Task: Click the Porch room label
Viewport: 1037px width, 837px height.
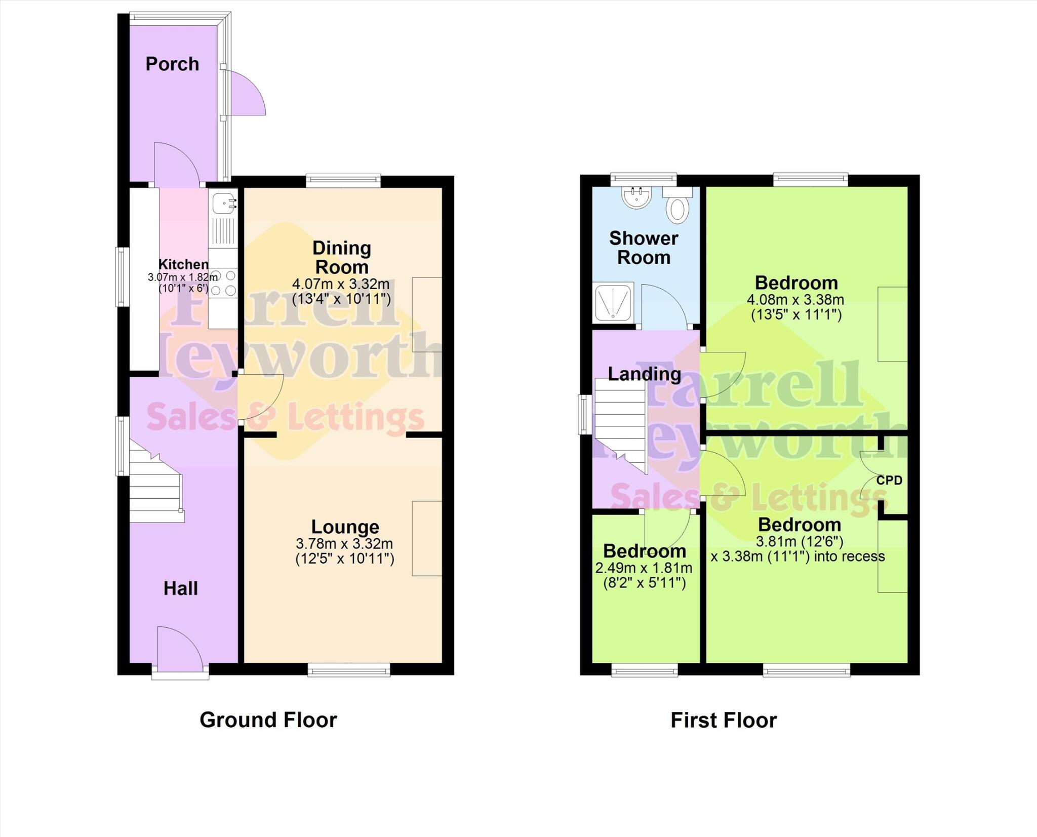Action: [x=172, y=64]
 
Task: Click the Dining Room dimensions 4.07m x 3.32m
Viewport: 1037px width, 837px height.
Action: [x=341, y=284]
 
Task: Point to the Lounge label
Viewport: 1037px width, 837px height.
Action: [x=345, y=527]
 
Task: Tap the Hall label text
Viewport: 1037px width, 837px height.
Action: [x=180, y=588]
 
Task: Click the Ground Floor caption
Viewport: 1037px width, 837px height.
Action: [x=268, y=720]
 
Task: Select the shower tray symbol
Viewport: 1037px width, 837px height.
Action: [x=613, y=302]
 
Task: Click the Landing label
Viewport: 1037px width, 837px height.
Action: [x=644, y=374]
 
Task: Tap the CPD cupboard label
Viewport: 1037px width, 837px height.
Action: [x=889, y=481]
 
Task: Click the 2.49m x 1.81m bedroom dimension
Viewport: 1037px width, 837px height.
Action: [x=644, y=568]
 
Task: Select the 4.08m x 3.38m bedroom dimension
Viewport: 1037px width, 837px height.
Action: [x=795, y=300]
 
